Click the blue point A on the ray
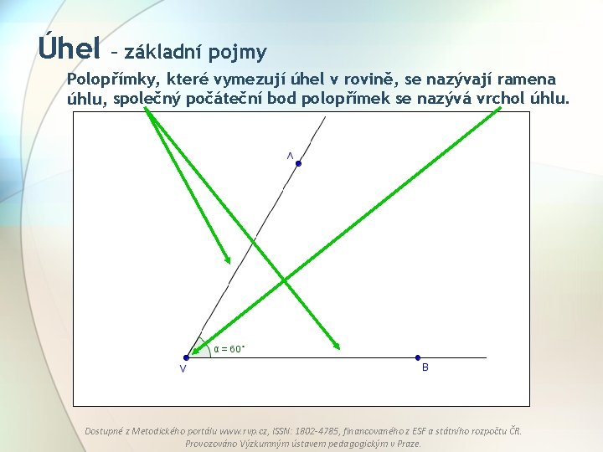pyautogui.click(x=298, y=163)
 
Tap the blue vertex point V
pyautogui.click(x=186, y=357)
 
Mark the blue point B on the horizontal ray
pyautogui.click(x=418, y=357)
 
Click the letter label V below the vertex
pyautogui.click(x=183, y=370)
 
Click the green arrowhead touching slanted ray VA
pyautogui.click(x=226, y=258)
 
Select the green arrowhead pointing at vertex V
pyautogui.click(x=194, y=352)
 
